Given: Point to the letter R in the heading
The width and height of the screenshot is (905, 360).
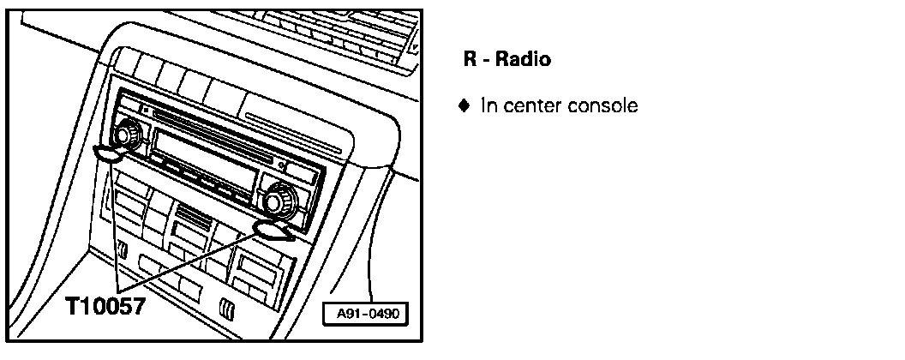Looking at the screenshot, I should [470, 61].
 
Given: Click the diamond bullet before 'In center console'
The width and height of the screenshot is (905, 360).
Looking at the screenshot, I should [464, 106].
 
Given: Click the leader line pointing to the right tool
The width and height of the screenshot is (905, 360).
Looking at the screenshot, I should [197, 257].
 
